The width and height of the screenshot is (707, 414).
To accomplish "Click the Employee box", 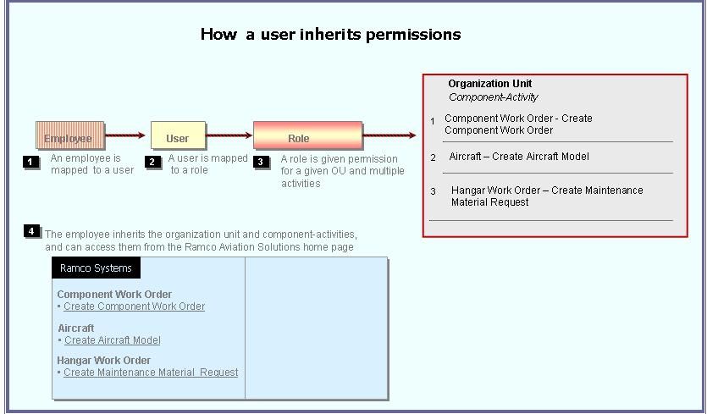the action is pos(70,135).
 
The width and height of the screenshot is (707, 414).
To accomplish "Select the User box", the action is pos(178,135).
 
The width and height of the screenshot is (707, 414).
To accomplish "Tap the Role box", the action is pos(308,135).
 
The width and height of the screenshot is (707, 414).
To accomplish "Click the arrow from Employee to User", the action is pos(125,135).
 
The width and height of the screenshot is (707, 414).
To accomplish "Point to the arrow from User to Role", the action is pos(229,135).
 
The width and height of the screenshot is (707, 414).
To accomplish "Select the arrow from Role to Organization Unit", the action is pos(389,135).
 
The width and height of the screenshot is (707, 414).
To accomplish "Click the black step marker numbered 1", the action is pos(30,162).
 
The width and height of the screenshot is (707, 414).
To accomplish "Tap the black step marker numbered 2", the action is pos(152,162).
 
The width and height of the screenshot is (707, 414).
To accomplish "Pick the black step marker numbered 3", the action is pos(261,162).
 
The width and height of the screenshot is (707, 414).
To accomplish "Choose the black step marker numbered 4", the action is pos(31,231).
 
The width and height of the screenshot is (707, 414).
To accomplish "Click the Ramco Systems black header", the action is pos(96,268).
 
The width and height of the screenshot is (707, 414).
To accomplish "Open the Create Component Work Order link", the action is pos(135,306).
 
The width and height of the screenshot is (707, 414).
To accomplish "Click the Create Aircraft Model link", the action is pos(113,340).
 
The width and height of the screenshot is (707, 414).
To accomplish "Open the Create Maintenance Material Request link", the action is pos(151,373).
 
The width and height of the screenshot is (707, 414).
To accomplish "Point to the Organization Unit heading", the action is pos(490,84).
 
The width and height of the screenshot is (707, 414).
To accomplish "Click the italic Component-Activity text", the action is pos(494,97).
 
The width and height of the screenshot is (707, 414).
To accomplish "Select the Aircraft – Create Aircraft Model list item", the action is pos(519,157).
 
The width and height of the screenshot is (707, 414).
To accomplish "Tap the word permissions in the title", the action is pos(413,34).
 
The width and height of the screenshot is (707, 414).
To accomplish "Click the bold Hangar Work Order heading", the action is pos(103,361).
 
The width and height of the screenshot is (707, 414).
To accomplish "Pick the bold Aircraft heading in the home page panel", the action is pos(76,328).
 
